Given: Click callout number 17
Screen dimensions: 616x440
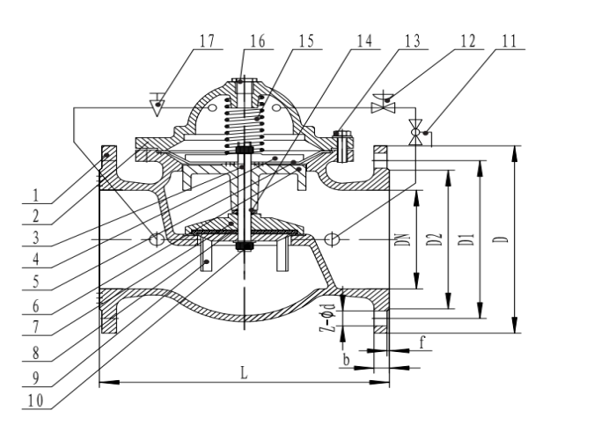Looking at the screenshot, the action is coord(208,40).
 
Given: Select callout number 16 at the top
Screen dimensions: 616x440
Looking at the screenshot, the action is coord(257,40).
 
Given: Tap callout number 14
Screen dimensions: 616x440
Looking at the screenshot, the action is coord(364,40).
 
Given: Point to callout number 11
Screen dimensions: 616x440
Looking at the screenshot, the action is coord(510,40).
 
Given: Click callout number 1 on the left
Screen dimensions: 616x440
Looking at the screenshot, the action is coord(36,195).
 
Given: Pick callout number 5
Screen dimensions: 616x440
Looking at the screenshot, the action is coord(36,282).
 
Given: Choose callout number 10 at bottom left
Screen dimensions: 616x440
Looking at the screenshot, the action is coord(36,400).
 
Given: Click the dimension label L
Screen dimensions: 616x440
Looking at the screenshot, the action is coord(245,373).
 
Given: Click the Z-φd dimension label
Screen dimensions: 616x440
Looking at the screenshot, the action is coord(327,318).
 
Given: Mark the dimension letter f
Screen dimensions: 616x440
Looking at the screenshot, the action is coord(422,342).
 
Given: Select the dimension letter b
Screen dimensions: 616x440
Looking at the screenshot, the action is coord(346,360).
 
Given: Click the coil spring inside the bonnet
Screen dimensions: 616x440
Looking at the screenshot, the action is coord(245,125).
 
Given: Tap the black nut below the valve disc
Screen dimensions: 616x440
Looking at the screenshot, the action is coord(244,246).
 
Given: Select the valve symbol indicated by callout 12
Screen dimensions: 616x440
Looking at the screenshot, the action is coord(383,102).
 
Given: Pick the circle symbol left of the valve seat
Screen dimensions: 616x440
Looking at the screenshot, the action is coord(157,238).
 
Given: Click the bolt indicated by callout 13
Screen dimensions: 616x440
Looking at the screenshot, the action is coord(343,146).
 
